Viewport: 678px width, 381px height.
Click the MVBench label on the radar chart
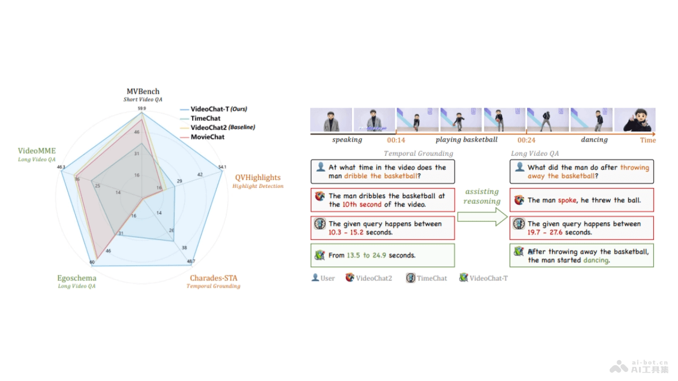click(x=142, y=91)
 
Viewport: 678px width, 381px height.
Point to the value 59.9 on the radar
click(x=142, y=108)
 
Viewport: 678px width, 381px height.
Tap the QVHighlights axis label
click(x=258, y=177)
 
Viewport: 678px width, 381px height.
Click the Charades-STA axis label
click(x=213, y=278)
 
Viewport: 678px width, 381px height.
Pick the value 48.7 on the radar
click(x=190, y=261)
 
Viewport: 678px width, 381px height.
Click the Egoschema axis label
click(x=76, y=278)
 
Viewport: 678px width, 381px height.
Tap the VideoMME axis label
click(x=37, y=151)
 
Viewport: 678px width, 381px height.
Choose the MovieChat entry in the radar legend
click(x=207, y=137)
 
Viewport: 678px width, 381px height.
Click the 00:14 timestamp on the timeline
click(x=395, y=139)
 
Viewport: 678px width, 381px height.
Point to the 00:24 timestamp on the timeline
click(x=527, y=139)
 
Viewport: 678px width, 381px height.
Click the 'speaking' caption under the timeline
click(x=347, y=139)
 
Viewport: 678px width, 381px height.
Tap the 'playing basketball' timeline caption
click(x=466, y=139)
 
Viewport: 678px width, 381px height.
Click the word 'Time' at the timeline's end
click(x=647, y=140)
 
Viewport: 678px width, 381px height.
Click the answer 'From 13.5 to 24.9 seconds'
click(x=372, y=255)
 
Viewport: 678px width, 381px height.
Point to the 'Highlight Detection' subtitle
click(x=258, y=186)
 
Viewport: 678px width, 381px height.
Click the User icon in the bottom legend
click(x=315, y=278)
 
